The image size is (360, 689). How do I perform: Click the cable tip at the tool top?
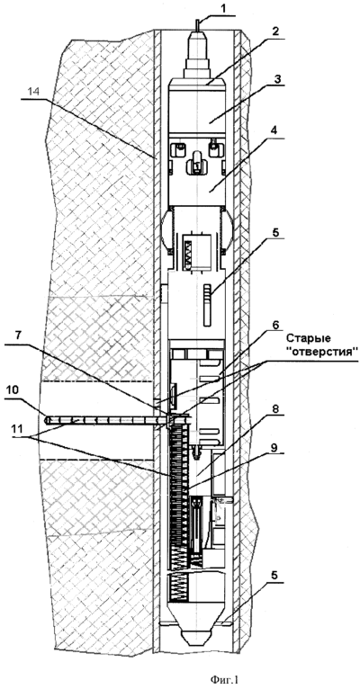pyautogui.click(x=198, y=19)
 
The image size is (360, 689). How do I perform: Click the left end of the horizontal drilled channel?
pyautogui.click(x=48, y=420)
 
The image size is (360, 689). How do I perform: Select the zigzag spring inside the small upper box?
pyautogui.click(x=189, y=253)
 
